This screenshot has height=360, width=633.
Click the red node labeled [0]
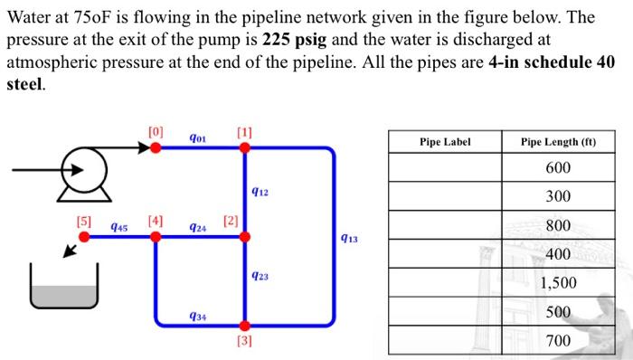pyautogui.click(x=156, y=147)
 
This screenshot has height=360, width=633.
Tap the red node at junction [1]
pyautogui.click(x=244, y=147)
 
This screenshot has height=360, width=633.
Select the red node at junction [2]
pyautogui.click(x=244, y=236)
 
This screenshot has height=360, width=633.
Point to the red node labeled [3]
pyautogui.click(x=244, y=326)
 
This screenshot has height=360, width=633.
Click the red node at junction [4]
pyautogui.click(x=156, y=236)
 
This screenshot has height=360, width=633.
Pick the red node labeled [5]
pyautogui.click(x=84, y=236)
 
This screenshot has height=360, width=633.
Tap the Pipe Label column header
pyautogui.click(x=445, y=142)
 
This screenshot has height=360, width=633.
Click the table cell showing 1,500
pyautogui.click(x=558, y=282)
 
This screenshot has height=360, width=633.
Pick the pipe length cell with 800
pyautogui.click(x=558, y=225)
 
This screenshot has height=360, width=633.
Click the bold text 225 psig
pyautogui.click(x=297, y=41)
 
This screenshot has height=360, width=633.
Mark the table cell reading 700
pyautogui.click(x=558, y=340)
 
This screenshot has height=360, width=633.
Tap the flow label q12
pyautogui.click(x=260, y=192)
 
